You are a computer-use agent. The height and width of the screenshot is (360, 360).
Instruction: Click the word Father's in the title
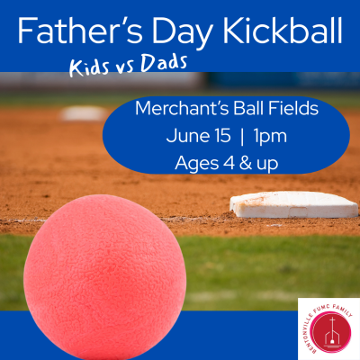tap(80, 31)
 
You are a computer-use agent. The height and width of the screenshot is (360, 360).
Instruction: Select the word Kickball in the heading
tap(283, 31)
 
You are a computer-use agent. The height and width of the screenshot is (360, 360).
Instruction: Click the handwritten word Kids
tap(89, 67)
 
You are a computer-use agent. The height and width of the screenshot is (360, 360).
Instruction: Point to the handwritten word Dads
tap(164, 63)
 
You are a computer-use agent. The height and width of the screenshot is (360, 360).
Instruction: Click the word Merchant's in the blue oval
tap(183, 109)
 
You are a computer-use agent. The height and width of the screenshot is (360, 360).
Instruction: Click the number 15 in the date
tap(222, 136)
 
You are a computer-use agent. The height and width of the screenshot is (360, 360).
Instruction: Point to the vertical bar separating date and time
tap(242, 137)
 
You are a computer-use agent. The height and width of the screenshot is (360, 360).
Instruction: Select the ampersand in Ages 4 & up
tap(246, 164)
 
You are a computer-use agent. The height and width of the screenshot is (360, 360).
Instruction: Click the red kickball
tap(105, 276)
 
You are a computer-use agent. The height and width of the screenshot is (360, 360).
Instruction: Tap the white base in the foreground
tap(293, 204)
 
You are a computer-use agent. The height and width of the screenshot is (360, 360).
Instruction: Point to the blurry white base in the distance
tap(84, 113)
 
